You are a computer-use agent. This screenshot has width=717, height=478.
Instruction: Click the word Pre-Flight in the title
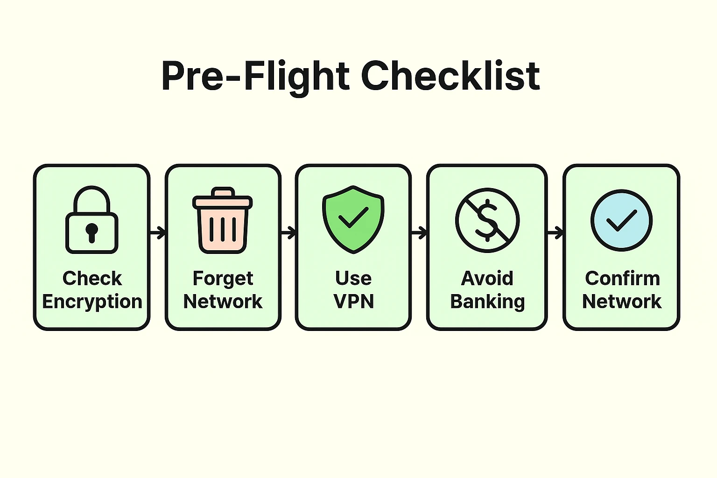(x=255, y=76)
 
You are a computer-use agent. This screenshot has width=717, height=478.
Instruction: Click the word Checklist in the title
(x=450, y=76)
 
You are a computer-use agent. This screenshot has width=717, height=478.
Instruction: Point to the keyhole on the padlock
(x=91, y=232)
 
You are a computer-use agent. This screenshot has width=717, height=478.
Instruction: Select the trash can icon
(x=223, y=220)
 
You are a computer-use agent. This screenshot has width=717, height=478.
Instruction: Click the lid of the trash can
(x=223, y=201)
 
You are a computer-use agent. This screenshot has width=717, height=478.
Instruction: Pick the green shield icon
(x=353, y=219)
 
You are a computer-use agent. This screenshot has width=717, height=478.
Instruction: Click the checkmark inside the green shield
(x=353, y=218)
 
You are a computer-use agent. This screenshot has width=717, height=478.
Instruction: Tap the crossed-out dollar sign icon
(x=487, y=220)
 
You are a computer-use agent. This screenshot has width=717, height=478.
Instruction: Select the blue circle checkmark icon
(x=621, y=220)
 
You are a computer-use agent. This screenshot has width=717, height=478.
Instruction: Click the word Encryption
(x=92, y=302)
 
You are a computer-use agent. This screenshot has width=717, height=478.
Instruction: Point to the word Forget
(x=223, y=279)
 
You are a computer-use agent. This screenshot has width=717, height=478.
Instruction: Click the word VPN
(x=353, y=302)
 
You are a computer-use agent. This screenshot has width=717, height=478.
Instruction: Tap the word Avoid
(x=487, y=279)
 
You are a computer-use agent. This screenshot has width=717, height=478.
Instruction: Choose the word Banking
(x=487, y=302)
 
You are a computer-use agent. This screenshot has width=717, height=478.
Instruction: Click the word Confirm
(x=622, y=279)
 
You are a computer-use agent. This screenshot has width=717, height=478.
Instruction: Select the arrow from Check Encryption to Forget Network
(x=158, y=232)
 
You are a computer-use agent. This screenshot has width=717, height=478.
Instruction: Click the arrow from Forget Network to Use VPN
(x=288, y=232)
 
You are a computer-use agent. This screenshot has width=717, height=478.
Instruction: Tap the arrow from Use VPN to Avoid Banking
(x=419, y=232)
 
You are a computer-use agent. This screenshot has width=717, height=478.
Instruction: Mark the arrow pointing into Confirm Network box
(x=555, y=232)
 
